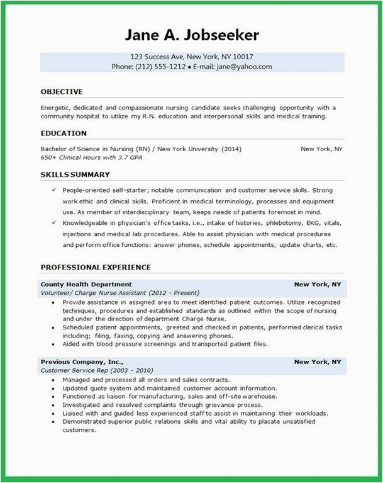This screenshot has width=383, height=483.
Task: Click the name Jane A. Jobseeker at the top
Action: point(191,35)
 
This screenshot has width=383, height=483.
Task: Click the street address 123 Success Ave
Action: point(157,56)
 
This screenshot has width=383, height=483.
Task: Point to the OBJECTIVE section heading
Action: point(62,92)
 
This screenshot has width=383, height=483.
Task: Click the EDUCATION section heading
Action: point(64,134)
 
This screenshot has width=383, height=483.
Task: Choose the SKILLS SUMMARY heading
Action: point(75,174)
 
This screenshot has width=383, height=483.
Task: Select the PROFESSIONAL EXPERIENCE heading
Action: point(96,268)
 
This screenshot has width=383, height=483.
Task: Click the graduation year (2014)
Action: point(231,149)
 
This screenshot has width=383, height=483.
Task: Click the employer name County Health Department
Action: point(86,285)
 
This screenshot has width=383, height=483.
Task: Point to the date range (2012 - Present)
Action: point(174,293)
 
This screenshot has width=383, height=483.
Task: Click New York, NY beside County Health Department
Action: point(318,285)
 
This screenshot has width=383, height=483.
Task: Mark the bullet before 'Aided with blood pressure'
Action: point(55,344)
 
